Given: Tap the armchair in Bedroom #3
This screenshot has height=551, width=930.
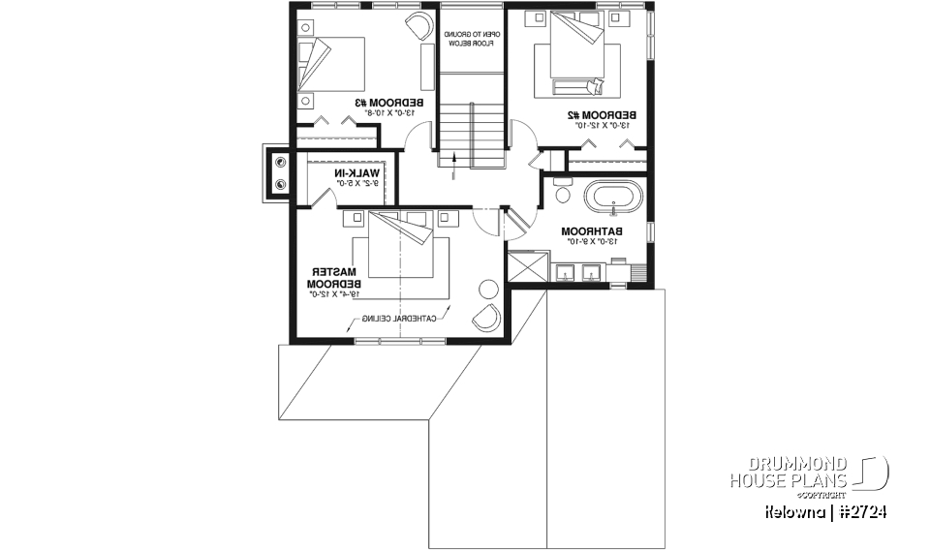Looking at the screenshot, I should coord(419,26).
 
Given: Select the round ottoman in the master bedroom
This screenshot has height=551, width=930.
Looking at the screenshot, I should coord(489,288).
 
